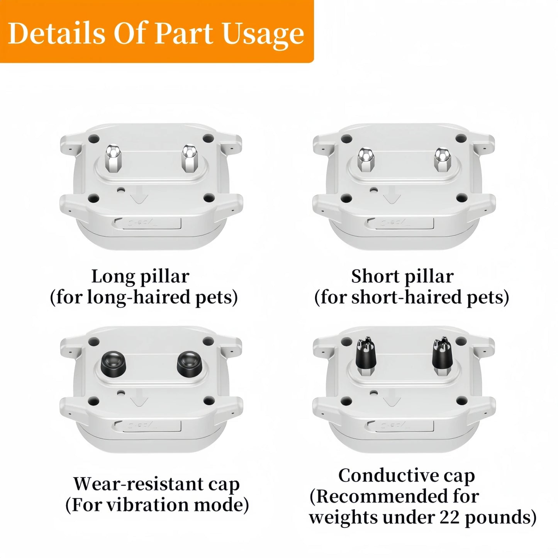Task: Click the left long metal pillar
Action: pos(113,158)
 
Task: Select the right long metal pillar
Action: pos(189,158)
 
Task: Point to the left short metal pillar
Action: pos(366,159)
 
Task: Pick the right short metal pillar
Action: pos(442,159)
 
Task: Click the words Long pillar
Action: pos(141,277)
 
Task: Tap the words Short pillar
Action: pos(402,277)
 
